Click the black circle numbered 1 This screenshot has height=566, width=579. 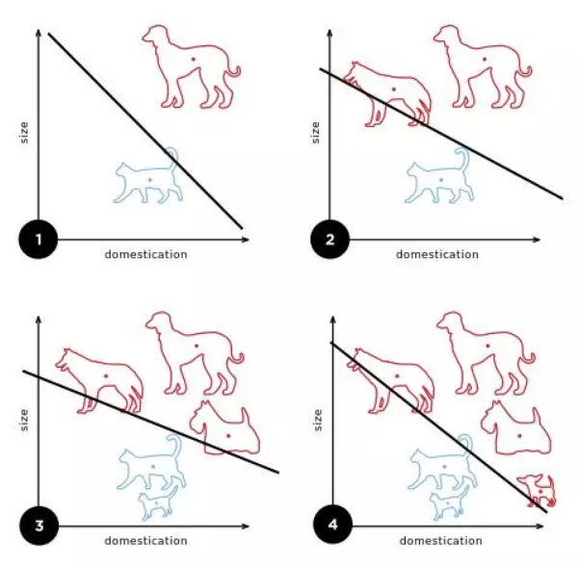[x=39, y=240]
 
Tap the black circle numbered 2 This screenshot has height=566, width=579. [x=329, y=240]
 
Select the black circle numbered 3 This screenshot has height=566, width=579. [x=39, y=526]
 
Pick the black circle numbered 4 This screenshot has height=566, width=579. [x=332, y=525]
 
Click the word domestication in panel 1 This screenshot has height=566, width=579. [x=145, y=254]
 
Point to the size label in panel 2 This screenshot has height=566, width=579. [x=315, y=133]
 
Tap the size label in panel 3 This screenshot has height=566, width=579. [x=24, y=420]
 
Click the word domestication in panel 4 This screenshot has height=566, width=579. [x=441, y=541]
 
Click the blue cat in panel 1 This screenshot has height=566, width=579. [x=147, y=176]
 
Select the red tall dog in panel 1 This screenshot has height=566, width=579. [x=192, y=66]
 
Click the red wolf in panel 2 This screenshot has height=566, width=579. [x=387, y=95]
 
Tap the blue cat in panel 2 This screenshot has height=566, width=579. [x=439, y=176]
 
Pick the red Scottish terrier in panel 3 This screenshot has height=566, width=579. [x=224, y=428]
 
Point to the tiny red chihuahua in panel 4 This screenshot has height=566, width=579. [x=537, y=491]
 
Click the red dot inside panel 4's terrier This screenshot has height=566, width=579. [x=519, y=436]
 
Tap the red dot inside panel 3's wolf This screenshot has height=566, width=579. [x=106, y=376]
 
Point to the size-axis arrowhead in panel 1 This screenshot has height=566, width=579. [x=39, y=33]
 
